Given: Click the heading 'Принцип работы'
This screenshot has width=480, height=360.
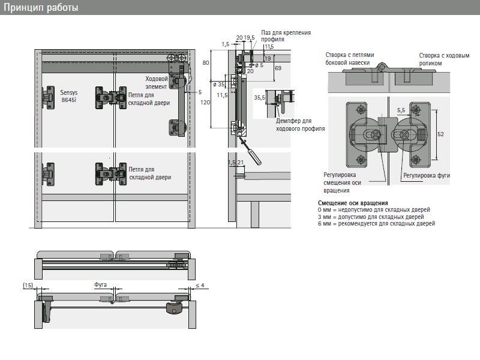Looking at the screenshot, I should coord(40,8).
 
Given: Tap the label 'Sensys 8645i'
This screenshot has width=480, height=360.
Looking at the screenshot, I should coord(69,97).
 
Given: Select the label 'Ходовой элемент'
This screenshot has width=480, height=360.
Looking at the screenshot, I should coord(157,83).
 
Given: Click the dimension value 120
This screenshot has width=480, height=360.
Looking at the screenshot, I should coord(206,103).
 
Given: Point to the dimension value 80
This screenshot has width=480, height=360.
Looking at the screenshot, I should coord(206,62).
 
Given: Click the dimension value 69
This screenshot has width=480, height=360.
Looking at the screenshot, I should coord(278,68).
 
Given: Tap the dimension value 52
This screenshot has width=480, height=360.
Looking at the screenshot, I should coord(440,134).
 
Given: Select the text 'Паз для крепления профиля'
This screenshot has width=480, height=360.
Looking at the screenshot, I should coord(286,36).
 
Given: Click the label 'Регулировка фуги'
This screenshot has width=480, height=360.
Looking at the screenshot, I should coord(427,176).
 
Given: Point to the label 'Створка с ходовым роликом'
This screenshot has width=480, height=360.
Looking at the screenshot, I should coord(444,59).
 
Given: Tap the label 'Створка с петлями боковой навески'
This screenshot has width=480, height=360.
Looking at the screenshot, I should coord(351,58).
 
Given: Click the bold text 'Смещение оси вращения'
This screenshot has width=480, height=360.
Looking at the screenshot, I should coord(353,203).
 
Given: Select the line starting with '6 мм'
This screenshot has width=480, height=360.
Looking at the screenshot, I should coord(376,223).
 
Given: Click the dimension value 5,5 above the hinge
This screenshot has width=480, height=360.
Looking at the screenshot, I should coord(401,110).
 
